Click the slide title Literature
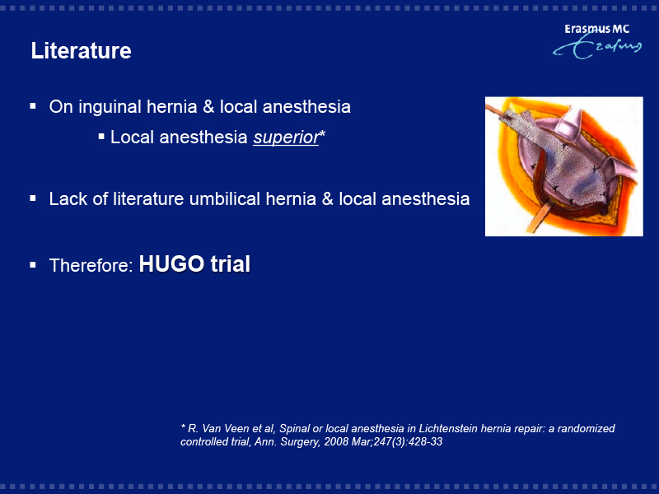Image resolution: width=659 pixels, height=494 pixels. [81, 51]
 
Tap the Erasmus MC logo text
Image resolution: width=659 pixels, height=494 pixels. [596, 29]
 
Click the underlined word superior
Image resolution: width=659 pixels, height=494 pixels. [286, 137]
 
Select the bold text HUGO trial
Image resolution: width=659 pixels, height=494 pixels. [194, 264]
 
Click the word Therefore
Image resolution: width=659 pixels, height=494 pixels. [91, 265]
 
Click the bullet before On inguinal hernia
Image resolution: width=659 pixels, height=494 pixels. [33, 106]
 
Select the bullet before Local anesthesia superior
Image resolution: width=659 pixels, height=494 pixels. [101, 137]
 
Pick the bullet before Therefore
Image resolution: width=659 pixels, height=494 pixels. [33, 265]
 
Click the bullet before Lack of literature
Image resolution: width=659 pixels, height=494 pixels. [33, 198]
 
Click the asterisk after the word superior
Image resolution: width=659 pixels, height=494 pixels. [322, 133]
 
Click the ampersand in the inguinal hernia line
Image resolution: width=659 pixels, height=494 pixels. [208, 107]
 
